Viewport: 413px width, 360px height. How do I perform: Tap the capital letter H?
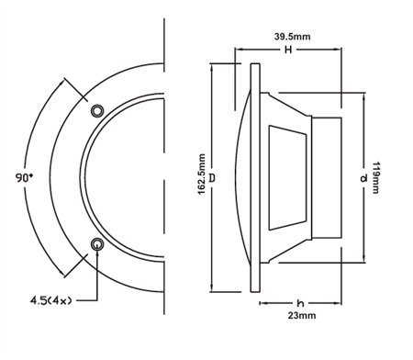(x=288, y=51)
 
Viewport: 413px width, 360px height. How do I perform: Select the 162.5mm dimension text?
(x=202, y=175)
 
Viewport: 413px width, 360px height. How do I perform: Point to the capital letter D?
(x=213, y=175)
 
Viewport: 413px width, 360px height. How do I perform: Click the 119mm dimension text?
(x=375, y=175)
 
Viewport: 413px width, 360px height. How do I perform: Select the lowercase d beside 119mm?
(x=363, y=175)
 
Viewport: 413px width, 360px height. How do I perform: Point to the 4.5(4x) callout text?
(x=49, y=299)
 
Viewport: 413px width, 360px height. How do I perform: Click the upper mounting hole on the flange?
(x=97, y=110)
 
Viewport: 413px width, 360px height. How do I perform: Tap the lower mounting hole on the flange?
(x=97, y=243)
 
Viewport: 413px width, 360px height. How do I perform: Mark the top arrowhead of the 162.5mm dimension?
(x=213, y=67)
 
